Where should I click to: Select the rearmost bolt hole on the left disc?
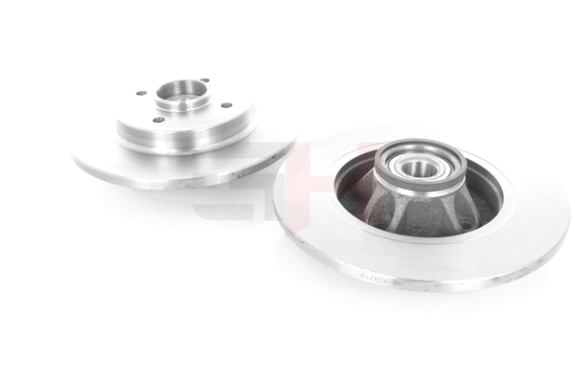(203, 81)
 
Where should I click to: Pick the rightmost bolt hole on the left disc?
(226, 105)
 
